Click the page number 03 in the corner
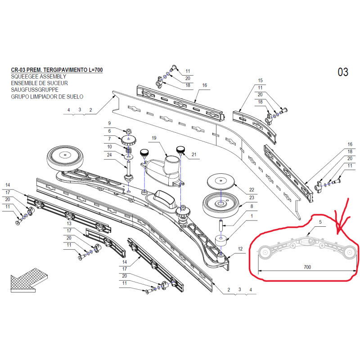[343, 72]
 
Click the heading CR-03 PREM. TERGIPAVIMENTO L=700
[57, 70]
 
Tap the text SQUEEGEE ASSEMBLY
[39, 76]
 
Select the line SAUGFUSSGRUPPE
[35, 90]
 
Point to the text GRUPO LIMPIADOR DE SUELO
[47, 97]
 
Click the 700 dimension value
[307, 267]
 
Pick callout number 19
[154, 138]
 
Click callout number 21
[194, 154]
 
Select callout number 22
[252, 189]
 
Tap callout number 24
[109, 155]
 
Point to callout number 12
[240, 249]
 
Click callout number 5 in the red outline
[320, 222]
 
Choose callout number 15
[260, 81]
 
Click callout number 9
[109, 123]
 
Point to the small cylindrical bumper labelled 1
[221, 241]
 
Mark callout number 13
[69, 223]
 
